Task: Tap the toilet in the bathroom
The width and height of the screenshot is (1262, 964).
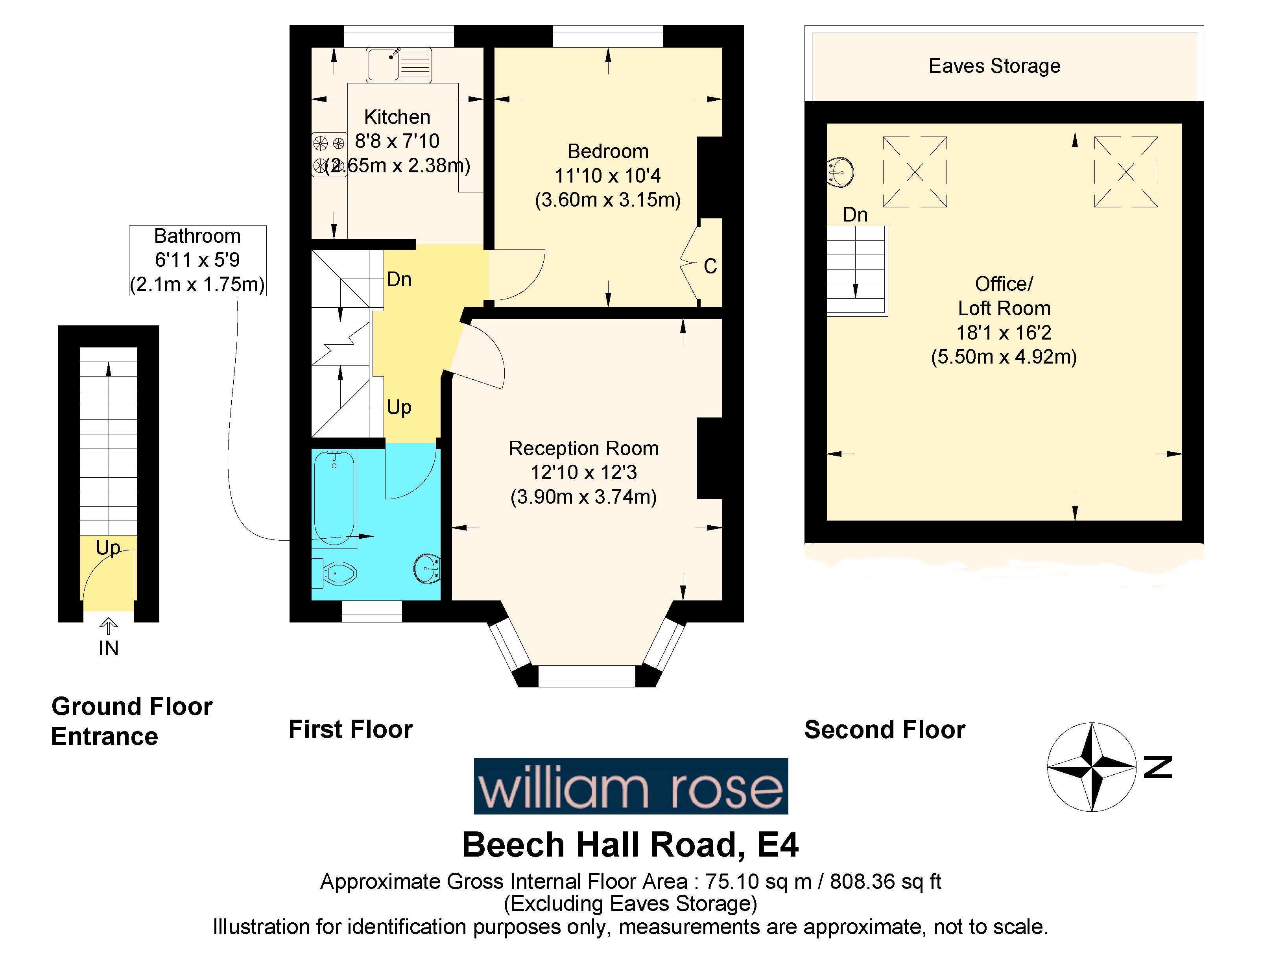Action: coord(336,572)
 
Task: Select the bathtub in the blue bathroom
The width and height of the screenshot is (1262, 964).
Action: coord(334,496)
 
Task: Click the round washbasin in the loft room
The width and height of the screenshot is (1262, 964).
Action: coord(840,172)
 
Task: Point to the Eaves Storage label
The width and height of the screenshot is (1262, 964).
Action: coord(994,66)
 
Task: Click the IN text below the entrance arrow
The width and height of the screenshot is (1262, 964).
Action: coord(109,648)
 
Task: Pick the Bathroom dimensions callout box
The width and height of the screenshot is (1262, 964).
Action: coord(197,260)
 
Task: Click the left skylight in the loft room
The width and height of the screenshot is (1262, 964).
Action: coord(914,172)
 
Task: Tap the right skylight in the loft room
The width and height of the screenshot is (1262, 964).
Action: coord(1125,172)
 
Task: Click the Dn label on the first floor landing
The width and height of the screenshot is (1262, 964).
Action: coord(399,279)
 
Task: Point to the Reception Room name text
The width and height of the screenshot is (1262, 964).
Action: coord(583,448)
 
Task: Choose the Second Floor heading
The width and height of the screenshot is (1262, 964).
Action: coord(884,730)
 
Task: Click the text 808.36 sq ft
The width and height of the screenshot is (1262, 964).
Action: coord(885,881)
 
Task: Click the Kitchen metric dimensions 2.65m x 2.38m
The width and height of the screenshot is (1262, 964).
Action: coord(398,166)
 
